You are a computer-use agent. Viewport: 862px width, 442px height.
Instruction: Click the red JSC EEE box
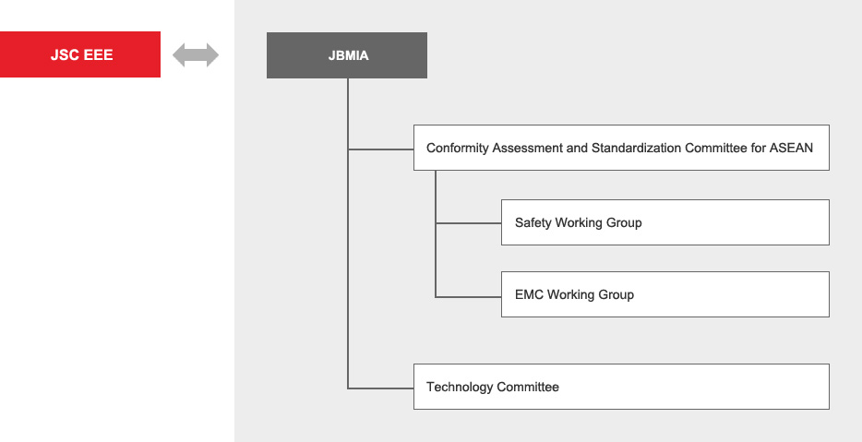coord(80,54)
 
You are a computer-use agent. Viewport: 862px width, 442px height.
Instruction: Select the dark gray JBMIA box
coord(347,55)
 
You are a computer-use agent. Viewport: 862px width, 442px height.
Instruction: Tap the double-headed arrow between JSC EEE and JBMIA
coord(196,55)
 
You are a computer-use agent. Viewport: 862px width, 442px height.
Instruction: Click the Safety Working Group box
coord(665,222)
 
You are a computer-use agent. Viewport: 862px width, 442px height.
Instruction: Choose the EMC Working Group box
coord(665,294)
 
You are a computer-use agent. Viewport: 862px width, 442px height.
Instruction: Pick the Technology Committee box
coord(621,387)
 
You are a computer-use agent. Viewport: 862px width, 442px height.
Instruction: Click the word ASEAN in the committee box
coord(791,148)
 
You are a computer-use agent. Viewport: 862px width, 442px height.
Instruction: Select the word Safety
coord(533,222)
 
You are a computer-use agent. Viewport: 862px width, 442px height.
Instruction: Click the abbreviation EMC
coord(530,294)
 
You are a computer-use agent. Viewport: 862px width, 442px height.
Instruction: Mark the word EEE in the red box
coord(98,55)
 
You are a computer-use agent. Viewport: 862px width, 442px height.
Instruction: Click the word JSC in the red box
coord(65,55)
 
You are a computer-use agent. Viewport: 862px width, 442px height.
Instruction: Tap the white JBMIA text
coord(349,55)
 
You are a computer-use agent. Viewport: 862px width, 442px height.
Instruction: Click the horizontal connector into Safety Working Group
coord(469,223)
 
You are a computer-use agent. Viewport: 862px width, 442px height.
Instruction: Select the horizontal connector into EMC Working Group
coord(469,297)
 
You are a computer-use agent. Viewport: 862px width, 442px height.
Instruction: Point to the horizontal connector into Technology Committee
coord(380,388)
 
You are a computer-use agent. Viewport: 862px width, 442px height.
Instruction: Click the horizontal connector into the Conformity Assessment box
coord(380,149)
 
